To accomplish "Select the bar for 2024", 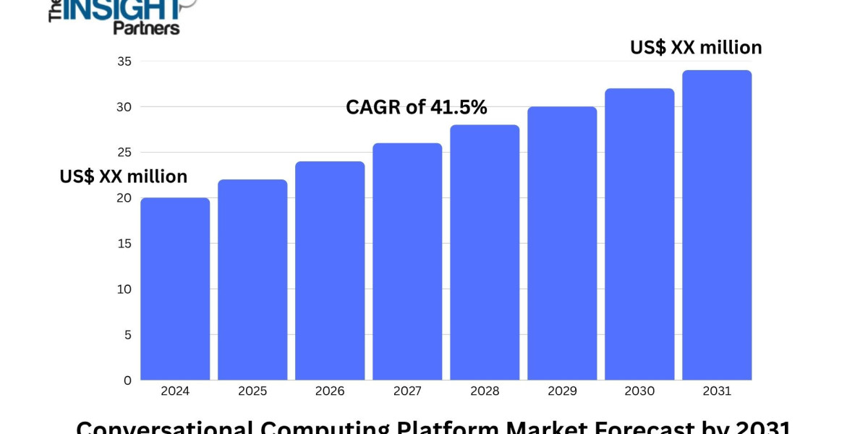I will click(175, 289).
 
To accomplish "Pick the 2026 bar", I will click(330, 271).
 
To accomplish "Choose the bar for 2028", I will click(485, 252).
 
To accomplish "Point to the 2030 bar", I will click(639, 234).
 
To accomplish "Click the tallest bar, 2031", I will click(717, 225).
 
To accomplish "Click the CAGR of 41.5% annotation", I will click(417, 108).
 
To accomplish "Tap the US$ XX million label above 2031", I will click(696, 48).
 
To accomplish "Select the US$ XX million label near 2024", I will click(124, 176).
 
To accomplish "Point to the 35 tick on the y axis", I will click(124, 61).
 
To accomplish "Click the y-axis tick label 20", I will click(124, 198).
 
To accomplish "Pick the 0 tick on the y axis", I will click(127, 380).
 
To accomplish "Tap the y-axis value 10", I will click(124, 289).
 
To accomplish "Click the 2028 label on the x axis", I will click(485, 391).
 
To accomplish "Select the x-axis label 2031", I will click(717, 391).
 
